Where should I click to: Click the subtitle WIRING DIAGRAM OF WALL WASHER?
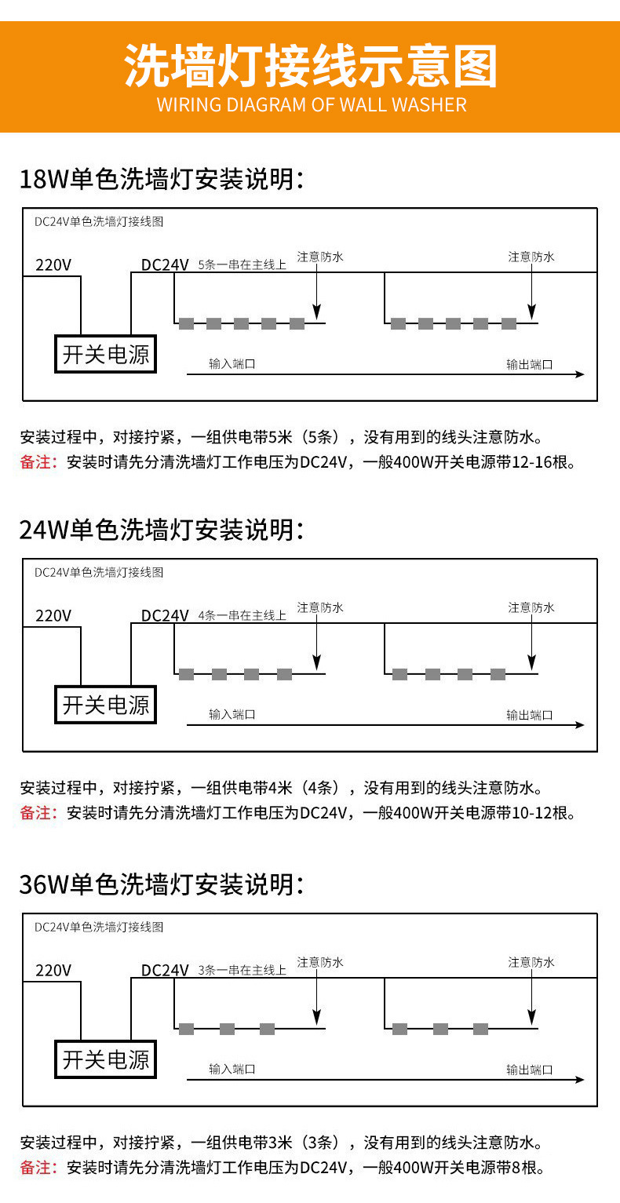pos(311,105)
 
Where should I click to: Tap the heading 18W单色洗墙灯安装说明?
pos(161,179)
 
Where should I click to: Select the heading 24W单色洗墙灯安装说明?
pos(161,530)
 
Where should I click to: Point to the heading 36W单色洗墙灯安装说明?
pos(161,884)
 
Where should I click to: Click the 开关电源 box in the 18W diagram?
pos(106,355)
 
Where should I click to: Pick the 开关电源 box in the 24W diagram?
pos(106,705)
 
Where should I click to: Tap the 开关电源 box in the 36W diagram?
pos(106,1060)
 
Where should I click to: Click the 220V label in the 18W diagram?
pos(53,264)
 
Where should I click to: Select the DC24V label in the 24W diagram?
pos(165,615)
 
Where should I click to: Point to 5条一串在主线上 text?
pos(243,265)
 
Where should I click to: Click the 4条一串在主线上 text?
pos(243,615)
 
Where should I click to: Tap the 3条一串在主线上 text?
pos(243,971)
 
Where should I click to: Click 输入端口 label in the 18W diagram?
pos(232,364)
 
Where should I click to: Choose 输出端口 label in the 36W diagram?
pos(530,1070)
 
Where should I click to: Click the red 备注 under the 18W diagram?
pos(36,462)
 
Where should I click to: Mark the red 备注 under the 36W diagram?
pos(36,1167)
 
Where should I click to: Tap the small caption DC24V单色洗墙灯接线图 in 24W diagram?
pos(99,573)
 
